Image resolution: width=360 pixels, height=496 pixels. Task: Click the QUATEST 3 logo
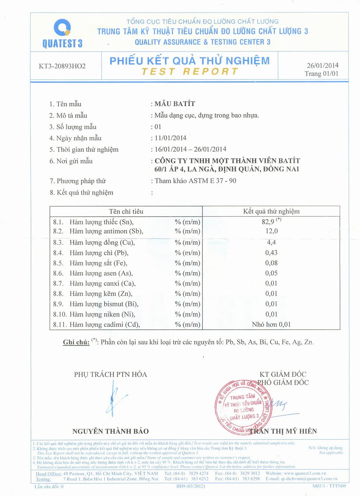pos(62,33)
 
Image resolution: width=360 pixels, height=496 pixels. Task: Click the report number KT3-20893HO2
pos(62,66)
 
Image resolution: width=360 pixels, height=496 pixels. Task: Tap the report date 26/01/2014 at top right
pos(322,65)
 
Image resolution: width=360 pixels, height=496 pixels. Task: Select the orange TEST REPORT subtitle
pos(190,72)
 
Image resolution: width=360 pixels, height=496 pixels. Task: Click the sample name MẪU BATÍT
pos(175,104)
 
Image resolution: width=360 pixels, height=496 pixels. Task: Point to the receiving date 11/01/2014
pos(170,138)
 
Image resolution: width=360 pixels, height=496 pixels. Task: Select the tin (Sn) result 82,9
pos(269,222)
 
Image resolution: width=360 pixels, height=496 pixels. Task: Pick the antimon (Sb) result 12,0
pos(271,231)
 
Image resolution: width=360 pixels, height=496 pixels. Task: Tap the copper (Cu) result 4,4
pos(271,242)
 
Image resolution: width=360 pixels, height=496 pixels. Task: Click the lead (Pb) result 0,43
pos(271,253)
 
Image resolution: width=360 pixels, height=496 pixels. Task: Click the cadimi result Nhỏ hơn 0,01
pos(271,324)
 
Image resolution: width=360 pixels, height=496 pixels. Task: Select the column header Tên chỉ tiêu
pos(126,211)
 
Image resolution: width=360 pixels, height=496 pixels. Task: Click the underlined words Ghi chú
pos(76,342)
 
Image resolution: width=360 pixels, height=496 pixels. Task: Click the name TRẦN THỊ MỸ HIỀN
pos(283,431)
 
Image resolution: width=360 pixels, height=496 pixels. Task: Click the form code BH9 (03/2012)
pos(191,486)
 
